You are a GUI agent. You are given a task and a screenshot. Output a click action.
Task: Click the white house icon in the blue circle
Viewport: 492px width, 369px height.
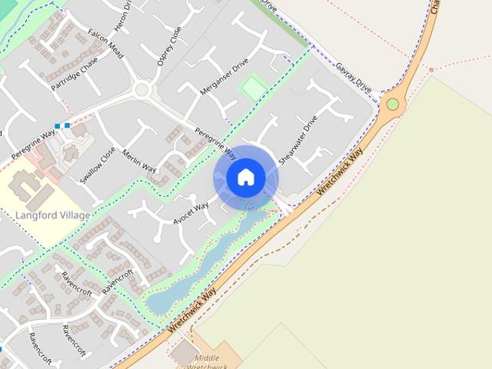pos(245,178)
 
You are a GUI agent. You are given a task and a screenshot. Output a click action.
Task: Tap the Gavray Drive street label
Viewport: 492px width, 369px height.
pos(353,79)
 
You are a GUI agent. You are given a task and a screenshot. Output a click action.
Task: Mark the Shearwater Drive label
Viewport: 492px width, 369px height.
pos(298,141)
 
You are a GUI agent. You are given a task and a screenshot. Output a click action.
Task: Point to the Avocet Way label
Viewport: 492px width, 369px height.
pos(191,212)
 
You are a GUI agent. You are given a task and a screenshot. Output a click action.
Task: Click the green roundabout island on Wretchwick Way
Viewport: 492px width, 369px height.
pos(393,105)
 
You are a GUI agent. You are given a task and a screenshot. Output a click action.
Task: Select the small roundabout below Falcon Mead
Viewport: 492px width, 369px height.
pos(141,91)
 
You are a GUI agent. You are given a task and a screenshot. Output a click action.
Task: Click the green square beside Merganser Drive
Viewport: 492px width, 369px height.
pos(252,88)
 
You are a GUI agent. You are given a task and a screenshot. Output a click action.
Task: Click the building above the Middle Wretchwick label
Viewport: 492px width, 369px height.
pos(184,353)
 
